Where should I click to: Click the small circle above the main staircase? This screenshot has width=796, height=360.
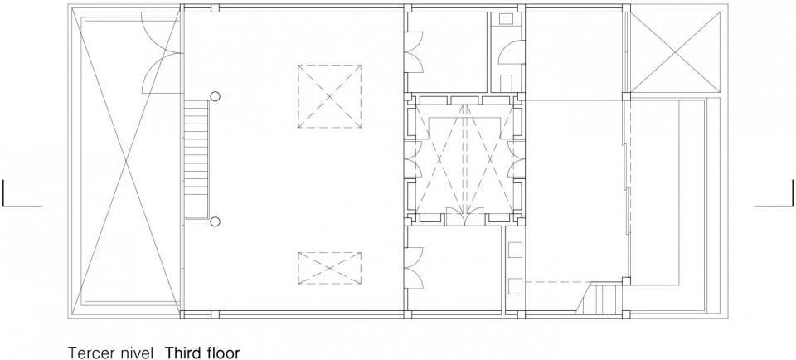click(216, 96)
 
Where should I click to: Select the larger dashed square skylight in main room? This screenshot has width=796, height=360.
click(329, 96)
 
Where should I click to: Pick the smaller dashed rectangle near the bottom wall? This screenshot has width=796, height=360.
click(329, 268)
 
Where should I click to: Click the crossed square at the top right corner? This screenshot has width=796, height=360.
click(675, 52)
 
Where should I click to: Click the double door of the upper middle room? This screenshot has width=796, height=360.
click(415, 53)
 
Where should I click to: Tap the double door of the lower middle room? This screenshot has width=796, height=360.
click(415, 268)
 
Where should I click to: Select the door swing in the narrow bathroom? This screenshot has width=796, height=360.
click(510, 53)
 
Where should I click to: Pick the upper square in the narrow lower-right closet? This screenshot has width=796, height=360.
click(515, 250)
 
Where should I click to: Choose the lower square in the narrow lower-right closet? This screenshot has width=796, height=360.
click(515, 286)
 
